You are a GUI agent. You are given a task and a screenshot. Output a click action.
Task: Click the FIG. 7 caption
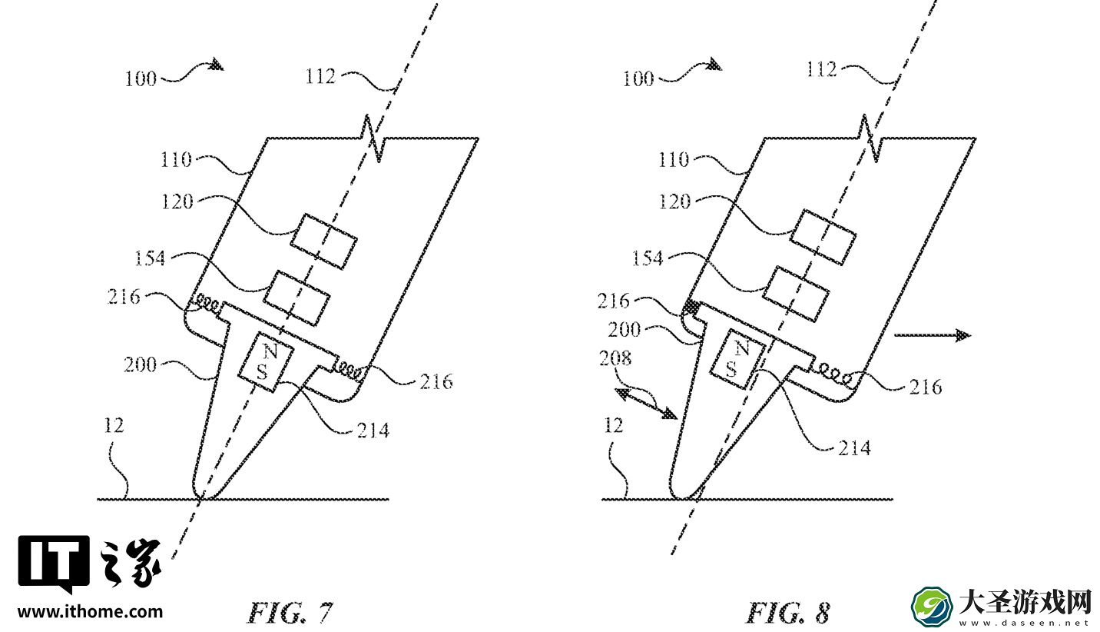tap(290, 613)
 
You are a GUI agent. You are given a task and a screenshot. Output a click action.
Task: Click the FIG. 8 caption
tap(787, 613)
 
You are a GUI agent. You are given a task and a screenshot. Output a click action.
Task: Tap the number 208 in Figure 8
tap(615, 358)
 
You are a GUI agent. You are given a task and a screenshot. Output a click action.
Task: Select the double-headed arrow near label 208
tap(646, 403)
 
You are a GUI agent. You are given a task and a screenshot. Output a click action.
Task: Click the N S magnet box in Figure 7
tap(266, 361)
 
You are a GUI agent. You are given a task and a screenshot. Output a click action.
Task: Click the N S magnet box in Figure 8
tap(737, 359)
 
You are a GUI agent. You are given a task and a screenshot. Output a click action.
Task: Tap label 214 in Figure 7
tap(373, 431)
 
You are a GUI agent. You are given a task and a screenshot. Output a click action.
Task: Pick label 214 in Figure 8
tap(854, 448)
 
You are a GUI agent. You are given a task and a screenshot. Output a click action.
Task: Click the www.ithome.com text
tap(90, 612)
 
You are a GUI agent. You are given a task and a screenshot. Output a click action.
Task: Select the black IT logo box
tap(54, 562)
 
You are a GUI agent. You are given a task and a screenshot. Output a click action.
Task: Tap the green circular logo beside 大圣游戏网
tap(932, 607)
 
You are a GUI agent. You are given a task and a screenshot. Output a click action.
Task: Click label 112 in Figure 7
tap(320, 77)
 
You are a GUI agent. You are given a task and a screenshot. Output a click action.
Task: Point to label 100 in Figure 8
tap(638, 78)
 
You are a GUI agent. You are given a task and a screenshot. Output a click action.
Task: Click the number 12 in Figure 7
tap(114, 426)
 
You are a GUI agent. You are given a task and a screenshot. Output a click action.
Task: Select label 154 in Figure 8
tap(648, 258)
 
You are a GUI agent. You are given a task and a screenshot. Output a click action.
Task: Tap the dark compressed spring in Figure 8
tap(691, 308)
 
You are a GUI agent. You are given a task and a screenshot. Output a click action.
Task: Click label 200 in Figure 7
tap(140, 365)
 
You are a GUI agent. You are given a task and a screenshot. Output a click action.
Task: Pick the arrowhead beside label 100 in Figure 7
tap(215, 64)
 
